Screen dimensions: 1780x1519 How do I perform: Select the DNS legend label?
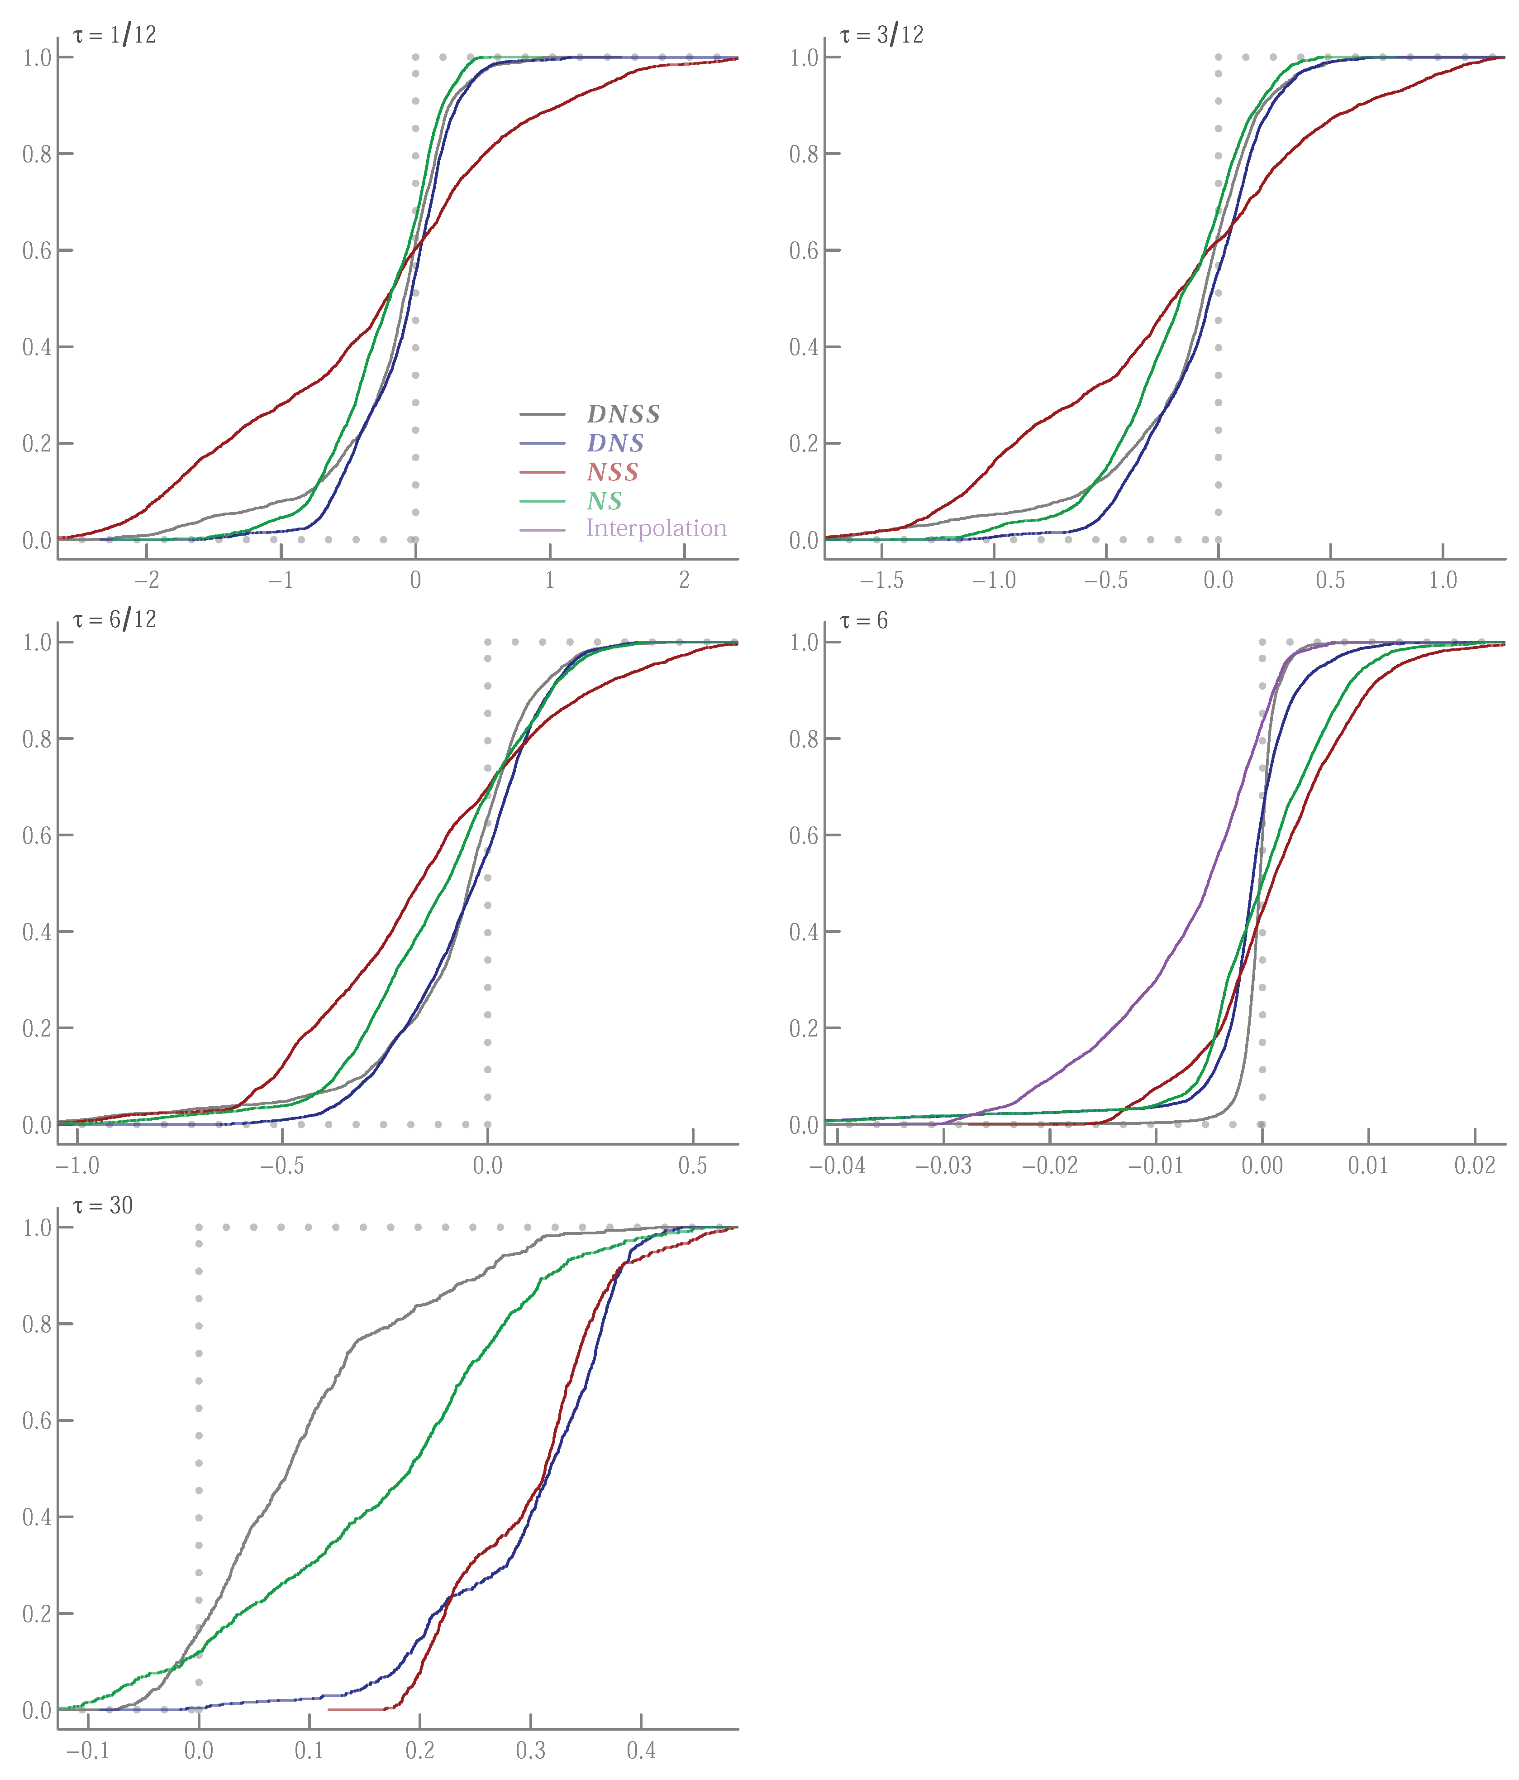pyautogui.click(x=615, y=443)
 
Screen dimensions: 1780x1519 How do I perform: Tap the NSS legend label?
pyautogui.click(x=612, y=472)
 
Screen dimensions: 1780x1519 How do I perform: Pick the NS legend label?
pyautogui.click(x=604, y=502)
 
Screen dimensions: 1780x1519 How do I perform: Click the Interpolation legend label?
pyautogui.click(x=656, y=528)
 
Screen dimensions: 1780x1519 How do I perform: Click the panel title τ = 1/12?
pyautogui.click(x=114, y=35)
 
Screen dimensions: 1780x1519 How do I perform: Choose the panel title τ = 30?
pyautogui.click(x=103, y=1205)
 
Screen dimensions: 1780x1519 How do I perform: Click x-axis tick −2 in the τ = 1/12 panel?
pyautogui.click(x=147, y=581)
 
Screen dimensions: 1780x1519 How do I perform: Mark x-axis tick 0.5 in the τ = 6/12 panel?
pyautogui.click(x=693, y=1166)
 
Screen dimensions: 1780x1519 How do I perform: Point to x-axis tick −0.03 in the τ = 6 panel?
pyautogui.click(x=943, y=1166)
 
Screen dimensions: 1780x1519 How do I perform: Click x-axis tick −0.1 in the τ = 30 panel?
pyautogui.click(x=88, y=1751)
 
